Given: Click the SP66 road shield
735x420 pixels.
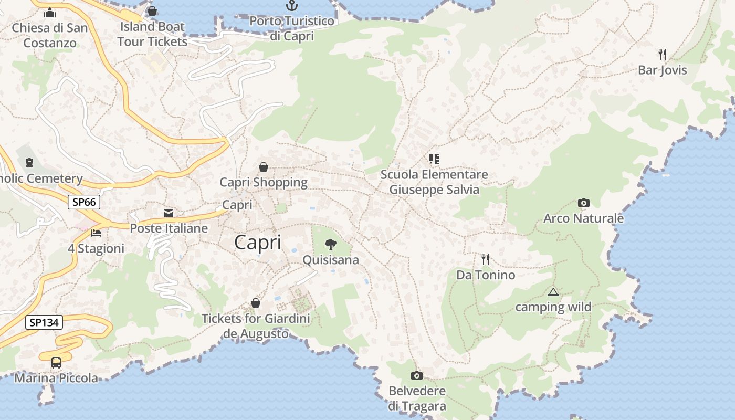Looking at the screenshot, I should click(x=83, y=202).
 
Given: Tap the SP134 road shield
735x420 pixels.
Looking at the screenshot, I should click(x=44, y=322).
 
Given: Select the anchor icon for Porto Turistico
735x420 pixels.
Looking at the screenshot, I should click(x=291, y=6).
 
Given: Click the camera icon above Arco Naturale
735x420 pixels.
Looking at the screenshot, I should click(x=583, y=203).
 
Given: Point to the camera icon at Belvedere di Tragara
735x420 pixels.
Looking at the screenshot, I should click(x=417, y=375).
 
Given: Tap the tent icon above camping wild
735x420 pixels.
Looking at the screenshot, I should click(x=553, y=292).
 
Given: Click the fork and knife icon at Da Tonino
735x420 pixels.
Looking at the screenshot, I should click(x=486, y=259).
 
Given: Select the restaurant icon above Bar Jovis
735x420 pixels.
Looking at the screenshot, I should click(x=663, y=54).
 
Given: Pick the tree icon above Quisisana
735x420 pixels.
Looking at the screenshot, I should click(x=331, y=244).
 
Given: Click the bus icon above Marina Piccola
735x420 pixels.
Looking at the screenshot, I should click(x=56, y=362).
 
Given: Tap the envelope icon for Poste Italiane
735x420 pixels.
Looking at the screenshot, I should click(x=169, y=213).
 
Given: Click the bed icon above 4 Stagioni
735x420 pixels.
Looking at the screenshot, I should click(x=96, y=233).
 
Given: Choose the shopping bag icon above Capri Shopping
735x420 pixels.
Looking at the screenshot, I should click(x=264, y=167).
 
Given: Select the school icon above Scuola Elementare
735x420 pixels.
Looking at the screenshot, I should click(x=434, y=159).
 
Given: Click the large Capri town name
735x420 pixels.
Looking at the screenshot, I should click(x=258, y=243).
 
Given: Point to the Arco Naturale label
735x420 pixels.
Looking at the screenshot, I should click(x=583, y=218).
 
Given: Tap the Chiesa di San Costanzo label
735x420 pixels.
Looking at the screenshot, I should click(x=50, y=35).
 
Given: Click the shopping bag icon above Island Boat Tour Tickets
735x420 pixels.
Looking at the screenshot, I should click(x=152, y=11).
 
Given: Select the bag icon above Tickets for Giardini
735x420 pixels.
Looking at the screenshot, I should click(x=256, y=303).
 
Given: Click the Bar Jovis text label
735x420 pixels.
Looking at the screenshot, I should click(x=662, y=70).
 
